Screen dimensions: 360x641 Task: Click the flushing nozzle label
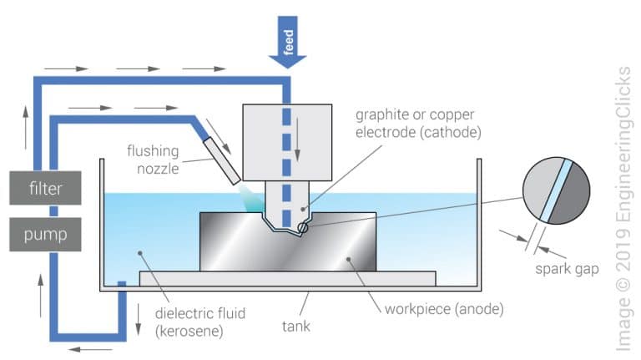click(156, 160)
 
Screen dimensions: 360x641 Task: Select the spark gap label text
click(563, 269)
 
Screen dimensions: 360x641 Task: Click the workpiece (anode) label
click(438, 309)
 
